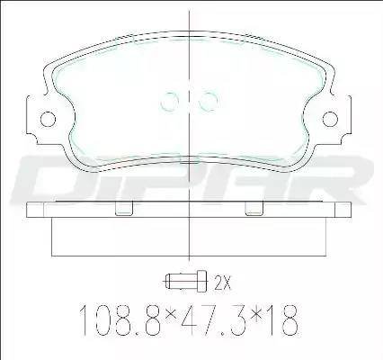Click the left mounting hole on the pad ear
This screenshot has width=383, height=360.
48,119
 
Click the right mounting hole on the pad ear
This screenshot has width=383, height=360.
330,119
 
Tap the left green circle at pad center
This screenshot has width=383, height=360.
170,101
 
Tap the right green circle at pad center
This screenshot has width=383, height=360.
209,101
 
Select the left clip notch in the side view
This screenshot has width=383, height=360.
124,209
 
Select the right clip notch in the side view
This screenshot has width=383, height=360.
254,209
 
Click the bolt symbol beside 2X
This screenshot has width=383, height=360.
185,281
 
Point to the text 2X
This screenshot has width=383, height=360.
223,282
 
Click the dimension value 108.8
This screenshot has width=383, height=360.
120,320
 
